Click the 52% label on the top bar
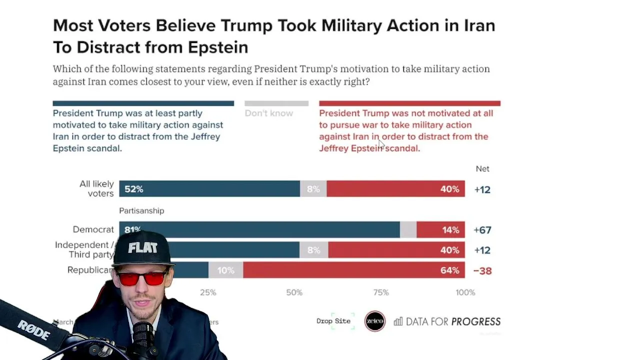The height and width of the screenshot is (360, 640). [x=134, y=189]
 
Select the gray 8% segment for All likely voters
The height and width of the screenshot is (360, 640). [x=313, y=189]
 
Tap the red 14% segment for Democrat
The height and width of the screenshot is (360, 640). [x=440, y=230]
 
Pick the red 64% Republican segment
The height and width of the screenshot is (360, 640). [x=354, y=270]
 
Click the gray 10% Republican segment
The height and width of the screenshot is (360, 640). [x=225, y=270]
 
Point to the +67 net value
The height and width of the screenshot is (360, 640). [x=482, y=230]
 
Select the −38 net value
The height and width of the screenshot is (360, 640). [x=482, y=270]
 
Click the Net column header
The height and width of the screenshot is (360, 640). [x=482, y=169]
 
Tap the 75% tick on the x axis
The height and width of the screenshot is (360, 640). [x=381, y=292]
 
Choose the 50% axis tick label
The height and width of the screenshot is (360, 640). [x=294, y=292]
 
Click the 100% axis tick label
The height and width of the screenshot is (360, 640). [x=465, y=292]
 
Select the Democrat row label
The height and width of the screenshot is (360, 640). [x=93, y=229]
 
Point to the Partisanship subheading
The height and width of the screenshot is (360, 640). [x=141, y=211]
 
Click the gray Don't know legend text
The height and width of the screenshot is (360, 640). [x=269, y=113]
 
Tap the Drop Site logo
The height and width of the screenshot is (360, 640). [x=334, y=321]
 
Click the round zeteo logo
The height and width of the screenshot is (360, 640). [x=375, y=321]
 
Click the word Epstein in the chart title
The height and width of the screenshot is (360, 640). [x=218, y=47]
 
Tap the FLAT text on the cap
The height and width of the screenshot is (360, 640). [x=142, y=248]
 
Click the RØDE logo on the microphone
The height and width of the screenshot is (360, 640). [x=34, y=330]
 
